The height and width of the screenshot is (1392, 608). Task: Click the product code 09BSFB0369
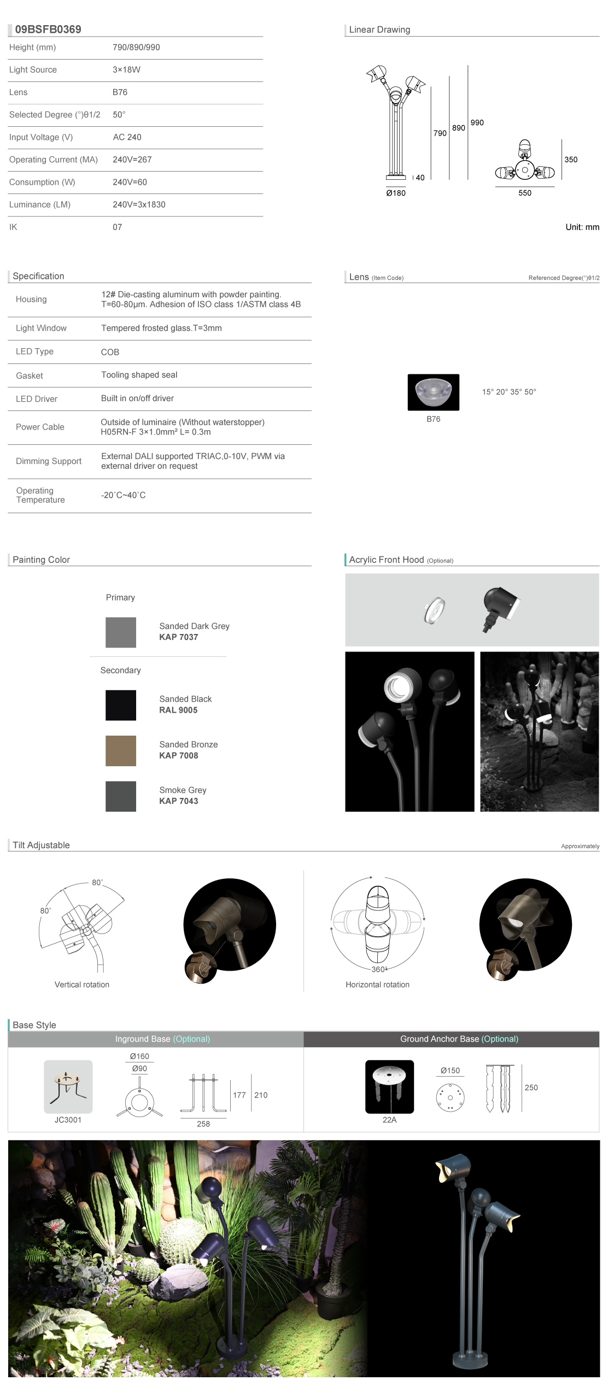(48, 30)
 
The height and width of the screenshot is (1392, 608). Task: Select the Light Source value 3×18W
(126, 70)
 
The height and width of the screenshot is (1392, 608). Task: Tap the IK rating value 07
(117, 227)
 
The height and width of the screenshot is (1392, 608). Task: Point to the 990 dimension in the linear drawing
(477, 123)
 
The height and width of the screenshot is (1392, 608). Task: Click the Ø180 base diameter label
(396, 193)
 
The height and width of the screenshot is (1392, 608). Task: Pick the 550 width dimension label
(525, 193)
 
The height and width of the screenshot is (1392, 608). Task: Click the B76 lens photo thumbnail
(433, 392)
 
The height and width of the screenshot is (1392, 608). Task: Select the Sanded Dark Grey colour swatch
(121, 632)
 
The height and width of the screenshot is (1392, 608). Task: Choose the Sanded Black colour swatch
(121, 705)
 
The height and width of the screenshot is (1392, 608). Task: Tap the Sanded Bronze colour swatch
(121, 750)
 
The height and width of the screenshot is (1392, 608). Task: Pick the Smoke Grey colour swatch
(121, 796)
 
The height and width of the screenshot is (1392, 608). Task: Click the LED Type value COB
(110, 353)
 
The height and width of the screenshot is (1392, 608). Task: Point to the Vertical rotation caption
(82, 985)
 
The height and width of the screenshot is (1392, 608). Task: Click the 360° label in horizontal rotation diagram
(379, 970)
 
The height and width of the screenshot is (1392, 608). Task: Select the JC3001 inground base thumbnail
(68, 1086)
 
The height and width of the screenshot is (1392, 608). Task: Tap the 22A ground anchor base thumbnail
(389, 1086)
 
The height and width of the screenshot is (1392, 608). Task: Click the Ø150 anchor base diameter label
(450, 1071)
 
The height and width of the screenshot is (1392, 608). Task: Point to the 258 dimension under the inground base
(203, 1124)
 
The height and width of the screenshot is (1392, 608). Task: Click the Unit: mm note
(582, 227)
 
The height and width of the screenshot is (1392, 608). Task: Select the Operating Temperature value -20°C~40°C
(124, 496)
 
